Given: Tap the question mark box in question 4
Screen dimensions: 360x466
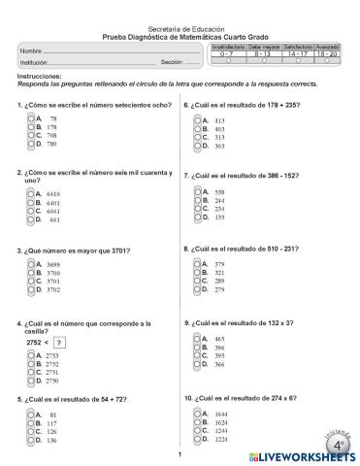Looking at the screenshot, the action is coord(59,342).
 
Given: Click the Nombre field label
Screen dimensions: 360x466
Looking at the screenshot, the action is coord(30,50).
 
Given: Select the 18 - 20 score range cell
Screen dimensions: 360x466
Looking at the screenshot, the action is coord(327,53).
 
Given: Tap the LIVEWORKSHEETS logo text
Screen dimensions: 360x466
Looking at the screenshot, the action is coord(301,454).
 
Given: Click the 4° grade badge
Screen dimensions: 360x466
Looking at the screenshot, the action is coord(339,444).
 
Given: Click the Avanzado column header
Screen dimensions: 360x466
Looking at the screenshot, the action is coord(327,47).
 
